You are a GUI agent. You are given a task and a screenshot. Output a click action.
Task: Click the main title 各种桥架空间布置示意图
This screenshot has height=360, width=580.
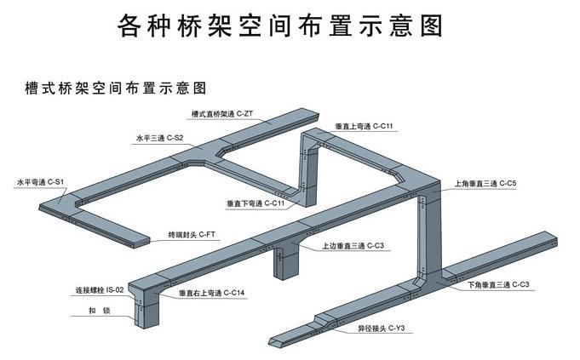point(280,26)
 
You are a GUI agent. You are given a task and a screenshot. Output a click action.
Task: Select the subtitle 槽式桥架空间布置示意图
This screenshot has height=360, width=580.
point(106,88)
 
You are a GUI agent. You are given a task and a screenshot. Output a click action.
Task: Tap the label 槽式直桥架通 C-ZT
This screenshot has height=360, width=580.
point(221,113)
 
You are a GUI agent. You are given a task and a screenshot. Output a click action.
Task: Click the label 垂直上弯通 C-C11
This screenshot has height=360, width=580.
point(363,126)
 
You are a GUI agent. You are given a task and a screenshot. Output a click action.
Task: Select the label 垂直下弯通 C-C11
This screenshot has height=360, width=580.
point(255,203)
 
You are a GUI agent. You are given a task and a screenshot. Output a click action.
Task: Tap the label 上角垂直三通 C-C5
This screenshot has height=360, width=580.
point(485,183)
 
